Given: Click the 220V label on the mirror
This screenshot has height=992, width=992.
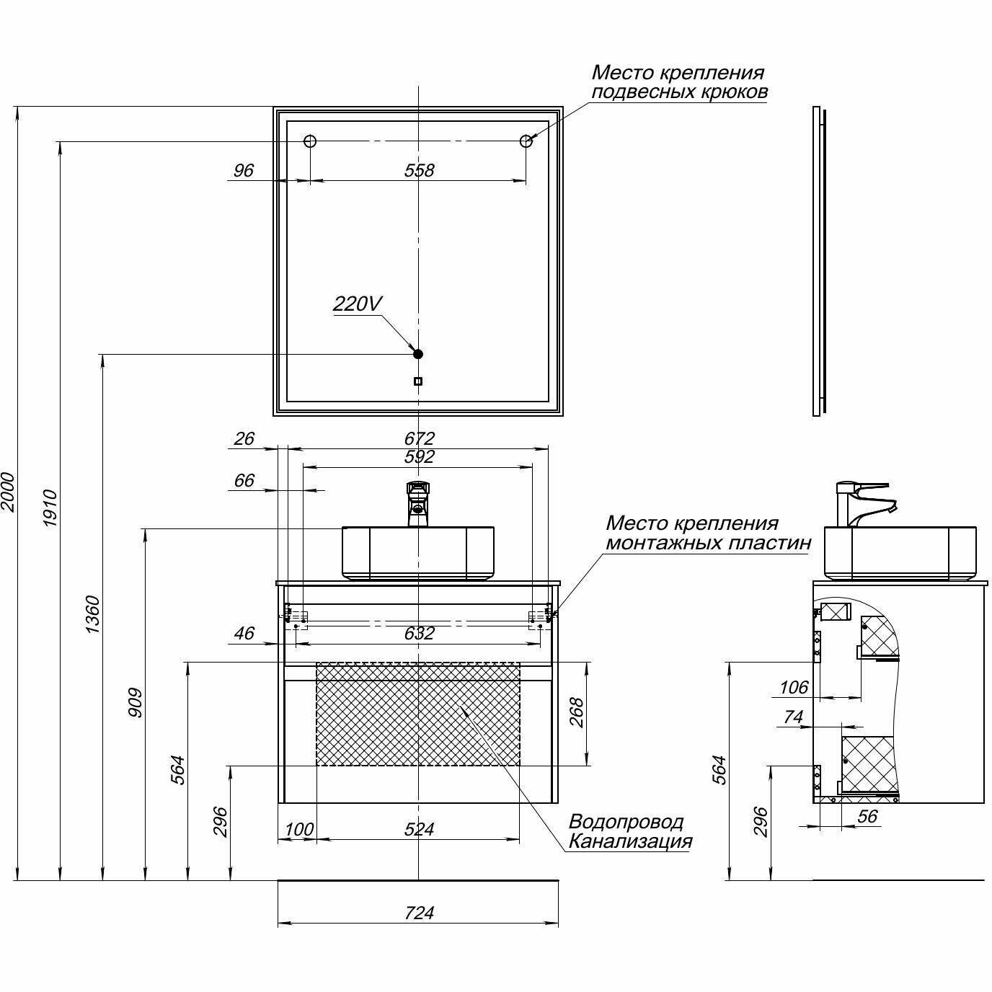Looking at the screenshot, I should click(x=356, y=304).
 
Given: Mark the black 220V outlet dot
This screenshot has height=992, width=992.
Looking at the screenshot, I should click(x=417, y=354).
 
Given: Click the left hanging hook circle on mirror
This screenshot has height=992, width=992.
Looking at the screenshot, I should click(x=310, y=141).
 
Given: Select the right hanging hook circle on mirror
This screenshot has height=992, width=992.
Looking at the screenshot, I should click(x=526, y=141).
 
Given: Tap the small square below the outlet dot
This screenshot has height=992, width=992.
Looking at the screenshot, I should click(x=418, y=381).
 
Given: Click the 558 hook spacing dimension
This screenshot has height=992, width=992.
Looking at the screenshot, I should click(x=419, y=170).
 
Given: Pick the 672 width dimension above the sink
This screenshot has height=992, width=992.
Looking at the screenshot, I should click(x=419, y=438).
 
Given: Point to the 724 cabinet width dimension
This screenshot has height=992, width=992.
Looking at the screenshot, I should click(x=419, y=913).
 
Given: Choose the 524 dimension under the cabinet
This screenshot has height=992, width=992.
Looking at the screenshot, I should click(x=419, y=829).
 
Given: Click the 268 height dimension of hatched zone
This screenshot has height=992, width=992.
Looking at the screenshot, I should click(x=575, y=713).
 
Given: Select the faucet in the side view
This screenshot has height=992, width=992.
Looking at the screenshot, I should click(x=862, y=502).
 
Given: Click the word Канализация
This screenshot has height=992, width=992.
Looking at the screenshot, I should click(x=630, y=841).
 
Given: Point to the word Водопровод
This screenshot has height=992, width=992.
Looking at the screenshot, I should click(x=626, y=822).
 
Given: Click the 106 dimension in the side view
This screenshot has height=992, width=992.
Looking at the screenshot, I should click(x=794, y=688).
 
